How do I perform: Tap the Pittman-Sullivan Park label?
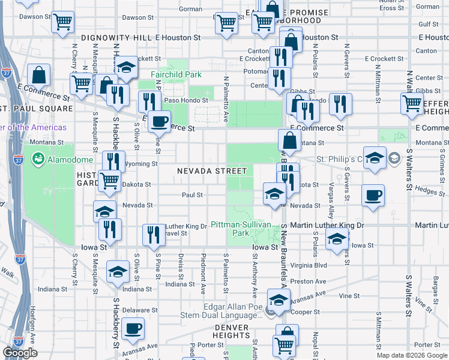(240, 229)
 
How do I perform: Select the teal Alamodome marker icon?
(39, 159)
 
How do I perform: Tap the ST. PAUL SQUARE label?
(36, 109)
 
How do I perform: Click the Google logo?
(20, 353)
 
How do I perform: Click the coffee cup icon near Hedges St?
(373, 196)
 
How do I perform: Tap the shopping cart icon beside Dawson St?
(62, 22)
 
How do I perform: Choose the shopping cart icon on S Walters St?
(412, 103)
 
